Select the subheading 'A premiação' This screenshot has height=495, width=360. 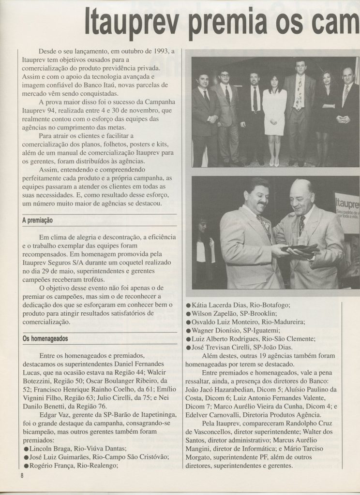(x=37, y=220)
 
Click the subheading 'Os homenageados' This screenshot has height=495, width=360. (x=45, y=339)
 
